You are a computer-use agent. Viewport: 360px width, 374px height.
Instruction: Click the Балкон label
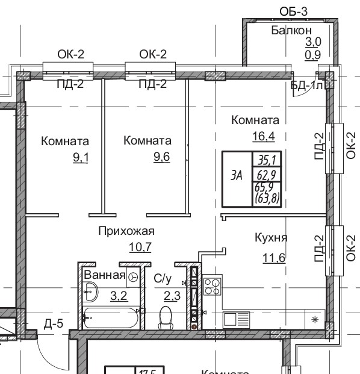point(291,30)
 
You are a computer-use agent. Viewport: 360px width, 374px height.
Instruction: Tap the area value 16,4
point(263,136)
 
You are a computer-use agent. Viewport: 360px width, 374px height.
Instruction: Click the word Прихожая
point(126,231)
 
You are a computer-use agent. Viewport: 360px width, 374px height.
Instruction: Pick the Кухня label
point(270,238)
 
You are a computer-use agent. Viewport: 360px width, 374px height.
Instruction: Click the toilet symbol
point(166,318)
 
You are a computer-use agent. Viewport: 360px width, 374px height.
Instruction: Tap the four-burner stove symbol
point(213,285)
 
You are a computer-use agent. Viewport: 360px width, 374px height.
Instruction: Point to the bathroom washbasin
point(92,295)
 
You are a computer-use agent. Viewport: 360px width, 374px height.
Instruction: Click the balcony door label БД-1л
point(308,86)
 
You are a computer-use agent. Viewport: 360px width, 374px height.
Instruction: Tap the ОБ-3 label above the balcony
point(294,11)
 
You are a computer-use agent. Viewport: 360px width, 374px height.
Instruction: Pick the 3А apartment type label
point(237,176)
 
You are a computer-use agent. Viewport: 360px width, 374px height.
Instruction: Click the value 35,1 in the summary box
point(264,160)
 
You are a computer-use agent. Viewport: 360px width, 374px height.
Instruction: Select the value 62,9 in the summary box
point(264,175)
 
